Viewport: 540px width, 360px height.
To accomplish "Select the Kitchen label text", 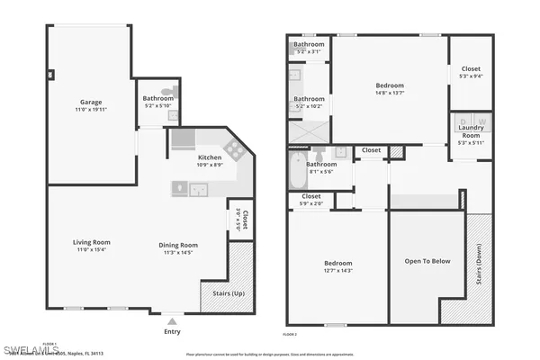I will tap(210, 157).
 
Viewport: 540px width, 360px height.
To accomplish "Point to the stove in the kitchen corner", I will tap(233, 148).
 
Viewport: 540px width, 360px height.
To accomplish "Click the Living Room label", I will tap(92, 242).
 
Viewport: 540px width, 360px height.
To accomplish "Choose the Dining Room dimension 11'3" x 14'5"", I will tap(178, 253).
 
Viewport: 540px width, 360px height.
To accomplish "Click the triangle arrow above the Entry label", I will tap(172, 319).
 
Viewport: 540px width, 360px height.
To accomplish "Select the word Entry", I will tap(172, 330).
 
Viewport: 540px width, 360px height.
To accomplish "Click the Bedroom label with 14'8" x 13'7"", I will tap(390, 85).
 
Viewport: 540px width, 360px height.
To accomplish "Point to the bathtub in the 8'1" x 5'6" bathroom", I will tap(298, 171).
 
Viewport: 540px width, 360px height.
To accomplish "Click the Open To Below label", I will tap(427, 262).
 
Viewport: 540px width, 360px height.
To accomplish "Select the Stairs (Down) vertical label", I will tap(478, 267).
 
